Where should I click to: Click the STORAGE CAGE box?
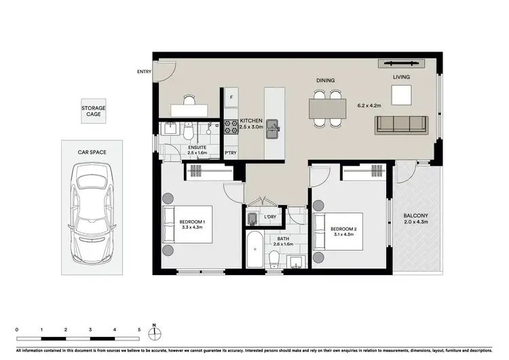coord(94,111)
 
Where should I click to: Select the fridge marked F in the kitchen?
coord(232,97)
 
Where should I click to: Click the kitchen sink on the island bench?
coord(273,126)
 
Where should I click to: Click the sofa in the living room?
coord(400,124)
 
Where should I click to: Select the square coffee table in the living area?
coord(401,95)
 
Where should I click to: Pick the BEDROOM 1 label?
coord(193,222)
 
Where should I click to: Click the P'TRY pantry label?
coord(231,154)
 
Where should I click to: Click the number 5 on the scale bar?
coord(139,329)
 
